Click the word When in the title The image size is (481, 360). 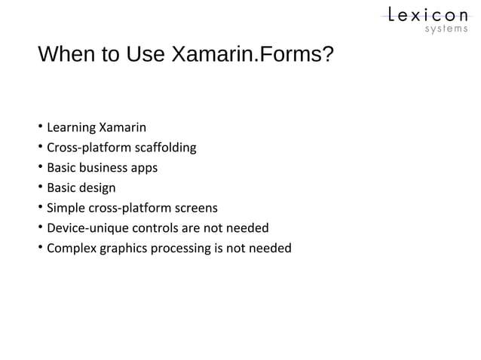point(63,56)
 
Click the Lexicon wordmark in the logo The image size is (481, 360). point(427,14)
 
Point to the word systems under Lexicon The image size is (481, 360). point(445,30)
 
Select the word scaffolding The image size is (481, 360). point(164,147)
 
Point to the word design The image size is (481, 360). point(98,188)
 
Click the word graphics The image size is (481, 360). point(125,249)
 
